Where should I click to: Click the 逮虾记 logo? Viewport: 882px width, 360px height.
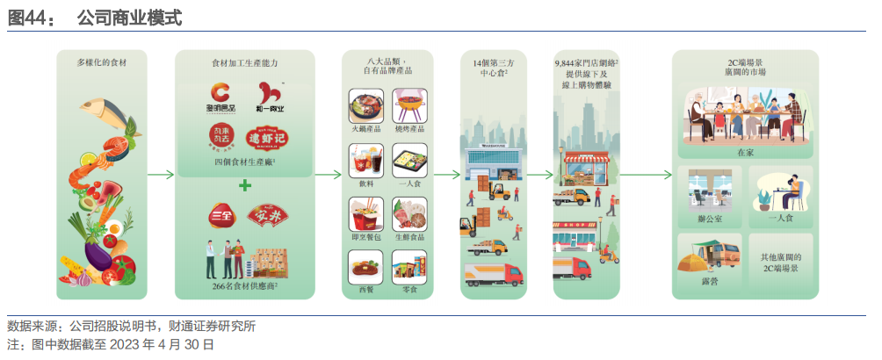coord(268,138)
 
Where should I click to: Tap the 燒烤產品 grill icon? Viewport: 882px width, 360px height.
coord(410,104)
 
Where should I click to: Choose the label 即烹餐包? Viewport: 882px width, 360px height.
coord(365,237)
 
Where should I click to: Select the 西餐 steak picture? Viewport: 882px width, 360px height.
coord(365,265)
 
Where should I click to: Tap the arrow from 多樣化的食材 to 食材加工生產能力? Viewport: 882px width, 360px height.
coord(161,174)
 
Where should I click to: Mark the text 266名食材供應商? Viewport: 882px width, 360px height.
coord(245,285)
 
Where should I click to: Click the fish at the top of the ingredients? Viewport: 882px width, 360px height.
coord(112,112)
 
